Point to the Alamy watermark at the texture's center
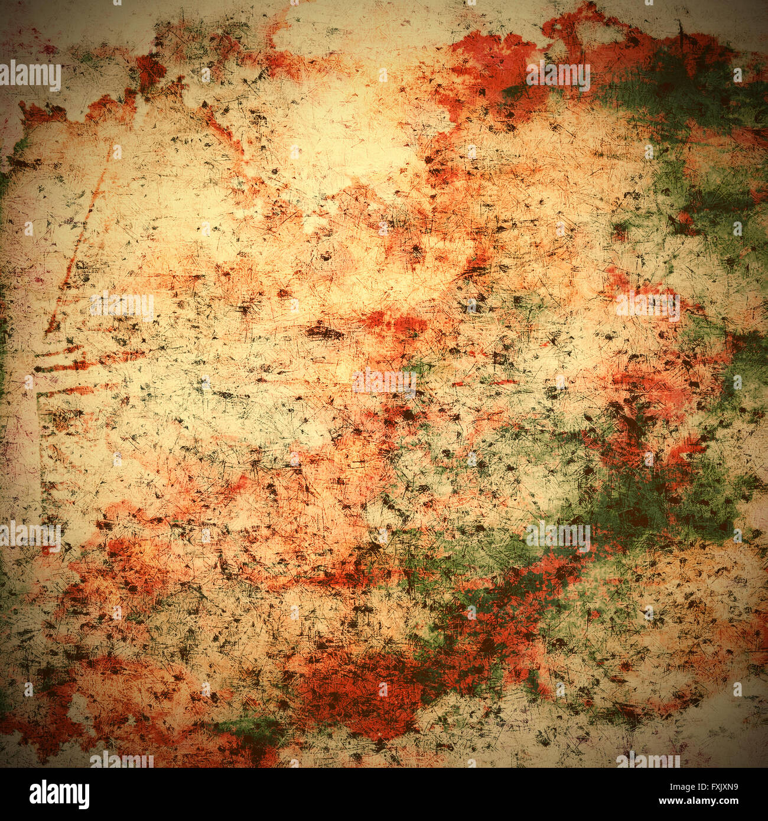pyautogui.click(x=384, y=382)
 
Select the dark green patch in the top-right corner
pyautogui.click(x=679, y=89)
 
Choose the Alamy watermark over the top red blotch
pyautogui.click(x=558, y=76)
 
